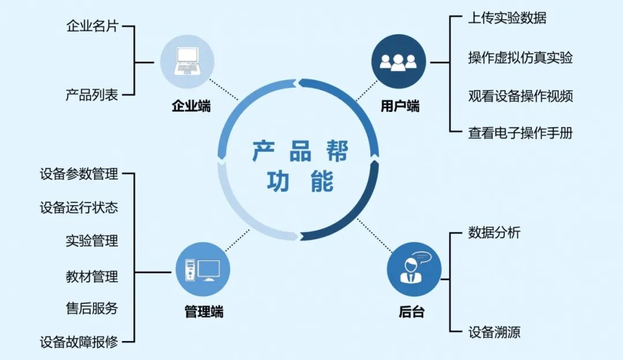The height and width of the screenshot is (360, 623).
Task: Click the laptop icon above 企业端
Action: [186, 61]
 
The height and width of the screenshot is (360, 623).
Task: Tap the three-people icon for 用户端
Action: [399, 61]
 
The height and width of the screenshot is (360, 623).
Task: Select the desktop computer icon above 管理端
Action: [202, 269]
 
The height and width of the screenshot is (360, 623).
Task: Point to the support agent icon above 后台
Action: [414, 269]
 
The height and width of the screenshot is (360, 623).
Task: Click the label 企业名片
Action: [92, 26]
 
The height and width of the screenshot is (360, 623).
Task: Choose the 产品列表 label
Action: [92, 95]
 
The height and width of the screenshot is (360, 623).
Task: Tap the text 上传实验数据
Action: [507, 18]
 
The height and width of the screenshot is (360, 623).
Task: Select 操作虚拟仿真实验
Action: [520, 58]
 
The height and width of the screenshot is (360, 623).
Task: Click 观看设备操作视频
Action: [520, 96]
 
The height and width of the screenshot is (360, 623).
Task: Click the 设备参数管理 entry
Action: [79, 174]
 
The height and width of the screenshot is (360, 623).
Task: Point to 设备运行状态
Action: [79, 207]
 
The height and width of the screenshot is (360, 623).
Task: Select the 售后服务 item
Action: [92, 308]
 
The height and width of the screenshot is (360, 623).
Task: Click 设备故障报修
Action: [79, 342]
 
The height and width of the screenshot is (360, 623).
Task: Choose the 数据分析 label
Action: [494, 232]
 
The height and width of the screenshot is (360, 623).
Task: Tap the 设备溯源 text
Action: [494, 332]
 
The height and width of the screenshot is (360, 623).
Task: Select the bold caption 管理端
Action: [204, 313]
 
